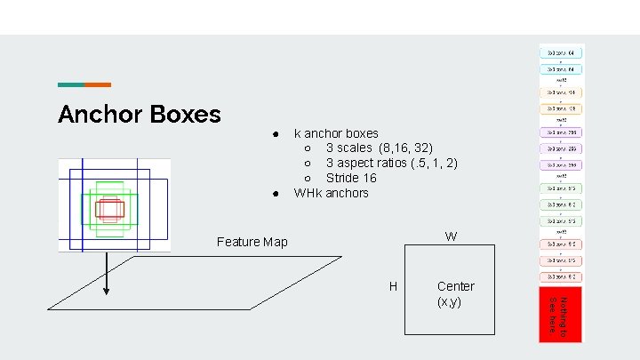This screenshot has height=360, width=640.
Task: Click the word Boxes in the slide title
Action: tap(184, 115)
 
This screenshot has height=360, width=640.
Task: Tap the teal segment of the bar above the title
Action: tap(71, 84)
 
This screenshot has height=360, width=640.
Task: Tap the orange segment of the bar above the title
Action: tap(98, 84)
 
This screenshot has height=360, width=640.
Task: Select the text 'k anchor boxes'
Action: tap(336, 133)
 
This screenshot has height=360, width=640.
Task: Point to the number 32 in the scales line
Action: tap(422, 148)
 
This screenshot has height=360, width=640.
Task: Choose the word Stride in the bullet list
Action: tap(342, 178)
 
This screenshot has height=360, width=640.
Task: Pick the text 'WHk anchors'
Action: tap(331, 193)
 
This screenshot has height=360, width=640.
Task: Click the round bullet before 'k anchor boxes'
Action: tap(277, 134)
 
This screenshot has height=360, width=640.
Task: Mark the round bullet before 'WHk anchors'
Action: tap(277, 194)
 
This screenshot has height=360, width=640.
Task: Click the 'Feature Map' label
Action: tap(252, 242)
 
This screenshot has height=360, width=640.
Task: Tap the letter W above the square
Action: tap(452, 236)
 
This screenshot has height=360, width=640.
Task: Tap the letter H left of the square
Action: tap(393, 286)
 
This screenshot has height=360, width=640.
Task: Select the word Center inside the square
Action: tap(456, 286)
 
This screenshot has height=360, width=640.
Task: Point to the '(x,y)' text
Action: tap(449, 301)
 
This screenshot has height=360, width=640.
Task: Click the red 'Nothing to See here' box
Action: tap(560, 315)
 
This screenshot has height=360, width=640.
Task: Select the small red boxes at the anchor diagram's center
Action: tap(109, 209)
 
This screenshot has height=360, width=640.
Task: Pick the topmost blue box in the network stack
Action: tap(561, 52)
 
